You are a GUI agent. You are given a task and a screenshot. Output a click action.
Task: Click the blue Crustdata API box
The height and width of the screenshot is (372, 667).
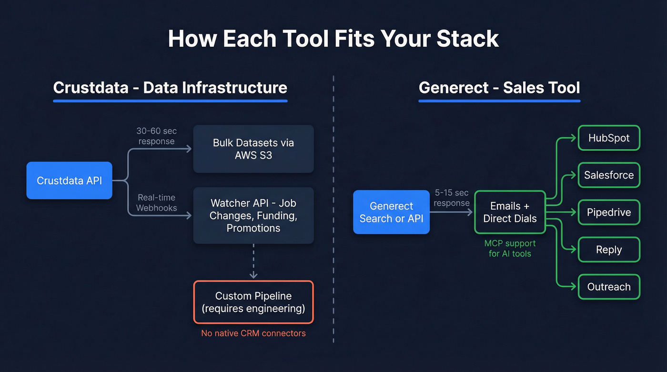click(x=69, y=181)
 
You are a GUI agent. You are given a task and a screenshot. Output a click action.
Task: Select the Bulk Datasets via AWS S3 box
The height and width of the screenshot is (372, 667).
click(x=253, y=149)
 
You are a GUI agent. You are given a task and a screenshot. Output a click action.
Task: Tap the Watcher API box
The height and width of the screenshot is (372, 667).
click(x=253, y=216)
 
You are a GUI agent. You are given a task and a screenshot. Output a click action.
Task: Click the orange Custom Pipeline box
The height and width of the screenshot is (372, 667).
click(x=253, y=302)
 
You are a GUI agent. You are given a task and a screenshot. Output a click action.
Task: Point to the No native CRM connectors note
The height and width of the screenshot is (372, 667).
click(x=253, y=333)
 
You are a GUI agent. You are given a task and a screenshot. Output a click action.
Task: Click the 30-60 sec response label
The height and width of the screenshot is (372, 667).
click(x=156, y=136)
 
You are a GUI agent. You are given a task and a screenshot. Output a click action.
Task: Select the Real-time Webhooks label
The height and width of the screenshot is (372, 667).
click(x=156, y=202)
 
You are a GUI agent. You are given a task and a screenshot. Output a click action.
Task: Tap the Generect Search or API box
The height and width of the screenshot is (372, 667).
click(x=391, y=212)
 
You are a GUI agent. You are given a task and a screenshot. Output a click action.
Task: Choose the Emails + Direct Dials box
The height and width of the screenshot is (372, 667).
click(x=510, y=212)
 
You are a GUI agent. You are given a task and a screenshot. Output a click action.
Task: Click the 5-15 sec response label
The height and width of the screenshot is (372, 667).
click(x=452, y=198)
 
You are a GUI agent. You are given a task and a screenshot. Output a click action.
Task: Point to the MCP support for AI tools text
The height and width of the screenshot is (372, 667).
click(x=510, y=248)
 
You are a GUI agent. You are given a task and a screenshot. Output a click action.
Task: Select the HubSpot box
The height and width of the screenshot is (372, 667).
click(x=608, y=138)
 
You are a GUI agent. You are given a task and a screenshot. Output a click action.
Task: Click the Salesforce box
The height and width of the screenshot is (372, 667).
click(x=608, y=175)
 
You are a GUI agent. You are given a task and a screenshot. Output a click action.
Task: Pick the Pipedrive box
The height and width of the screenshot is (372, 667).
click(x=608, y=212)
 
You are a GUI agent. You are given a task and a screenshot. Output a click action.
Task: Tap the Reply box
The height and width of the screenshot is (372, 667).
click(x=608, y=250)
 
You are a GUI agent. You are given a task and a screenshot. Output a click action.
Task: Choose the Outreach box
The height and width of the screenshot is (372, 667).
click(x=608, y=287)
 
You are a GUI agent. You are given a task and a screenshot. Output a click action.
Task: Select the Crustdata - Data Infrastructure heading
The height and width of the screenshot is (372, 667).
click(x=170, y=88)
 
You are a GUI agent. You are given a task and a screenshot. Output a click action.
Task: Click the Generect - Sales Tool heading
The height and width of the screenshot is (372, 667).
click(x=499, y=88)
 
